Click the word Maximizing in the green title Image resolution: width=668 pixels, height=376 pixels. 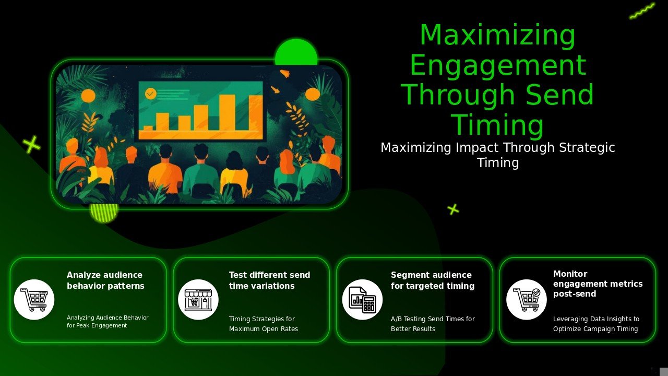tap(497, 36)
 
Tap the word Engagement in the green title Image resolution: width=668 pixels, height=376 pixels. tap(497, 66)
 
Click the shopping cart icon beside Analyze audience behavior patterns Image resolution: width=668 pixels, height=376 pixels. tap(34, 299)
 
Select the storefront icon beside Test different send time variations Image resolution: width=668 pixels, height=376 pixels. tap(198, 299)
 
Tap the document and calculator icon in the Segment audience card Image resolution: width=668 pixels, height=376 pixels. tap(362, 299)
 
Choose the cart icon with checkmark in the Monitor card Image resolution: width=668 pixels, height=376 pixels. tap(526, 299)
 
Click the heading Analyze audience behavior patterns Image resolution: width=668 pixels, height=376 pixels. tap(105, 280)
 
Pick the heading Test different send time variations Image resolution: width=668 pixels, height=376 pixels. tap(269, 280)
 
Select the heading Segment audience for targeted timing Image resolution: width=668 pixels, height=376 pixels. tap(432, 280)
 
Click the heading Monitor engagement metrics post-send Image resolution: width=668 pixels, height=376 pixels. tap(598, 284)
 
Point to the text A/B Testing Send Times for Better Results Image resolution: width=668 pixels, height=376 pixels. tap(433, 324)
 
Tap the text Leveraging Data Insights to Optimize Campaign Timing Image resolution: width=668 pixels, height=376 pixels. tap(596, 324)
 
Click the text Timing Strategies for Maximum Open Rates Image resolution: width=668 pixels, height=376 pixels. tap(263, 324)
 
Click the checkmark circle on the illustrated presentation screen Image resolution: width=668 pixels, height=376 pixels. tap(150, 93)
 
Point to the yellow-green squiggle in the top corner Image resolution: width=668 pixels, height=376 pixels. tap(642, 11)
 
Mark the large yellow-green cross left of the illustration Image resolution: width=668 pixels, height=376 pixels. tap(31, 144)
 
